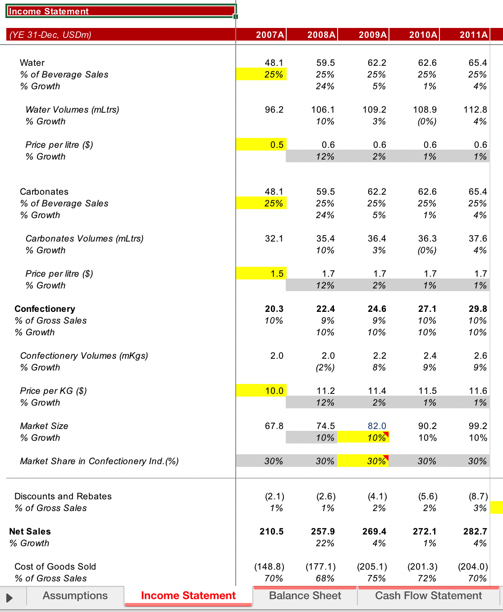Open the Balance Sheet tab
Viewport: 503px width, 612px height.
305,596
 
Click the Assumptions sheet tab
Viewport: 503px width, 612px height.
75,596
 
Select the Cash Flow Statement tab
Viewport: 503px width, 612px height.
428,596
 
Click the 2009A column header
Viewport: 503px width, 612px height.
372,35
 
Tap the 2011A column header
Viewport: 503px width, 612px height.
473,35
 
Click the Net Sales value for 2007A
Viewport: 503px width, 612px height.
271,532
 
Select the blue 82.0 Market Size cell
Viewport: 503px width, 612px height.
377,426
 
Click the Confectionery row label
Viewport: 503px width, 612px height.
45,309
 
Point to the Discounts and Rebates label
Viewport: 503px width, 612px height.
63,497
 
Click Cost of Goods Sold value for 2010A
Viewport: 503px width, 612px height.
423,567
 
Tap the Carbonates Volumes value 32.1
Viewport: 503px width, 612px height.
274,239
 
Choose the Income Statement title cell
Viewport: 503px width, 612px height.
121,11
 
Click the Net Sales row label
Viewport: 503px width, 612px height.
30,532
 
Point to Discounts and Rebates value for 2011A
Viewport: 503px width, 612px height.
478,497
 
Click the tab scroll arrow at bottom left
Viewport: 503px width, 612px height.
9,598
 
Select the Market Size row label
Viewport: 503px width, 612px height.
44,426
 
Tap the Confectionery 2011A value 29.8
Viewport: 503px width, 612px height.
478,309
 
